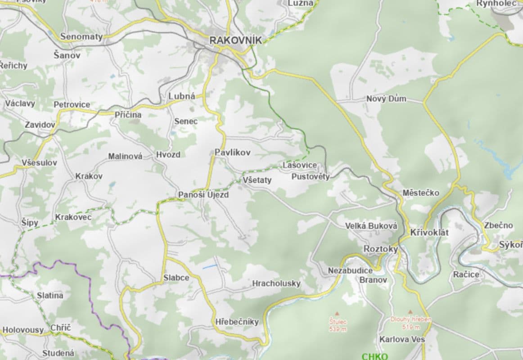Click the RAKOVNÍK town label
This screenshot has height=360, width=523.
tap(235, 40)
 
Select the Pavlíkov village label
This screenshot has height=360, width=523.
tap(232, 153)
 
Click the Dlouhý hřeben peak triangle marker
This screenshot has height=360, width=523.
tap(410, 311)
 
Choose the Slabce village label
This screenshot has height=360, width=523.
tap(176, 278)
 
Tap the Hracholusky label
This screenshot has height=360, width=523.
tap(276, 283)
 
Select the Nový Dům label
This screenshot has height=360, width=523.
tap(386, 99)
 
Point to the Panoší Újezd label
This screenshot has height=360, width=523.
tap(203, 195)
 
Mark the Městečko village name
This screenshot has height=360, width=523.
tap(420, 193)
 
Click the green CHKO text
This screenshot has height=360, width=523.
tap(374, 356)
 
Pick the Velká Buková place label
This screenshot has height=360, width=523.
tap(371, 226)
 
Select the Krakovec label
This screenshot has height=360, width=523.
tap(73, 217)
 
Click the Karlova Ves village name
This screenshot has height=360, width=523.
tap(402, 339)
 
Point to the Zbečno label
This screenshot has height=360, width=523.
tap(498, 225)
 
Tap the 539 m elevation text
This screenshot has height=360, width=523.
tap(338, 329)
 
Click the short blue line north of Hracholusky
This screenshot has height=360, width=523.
tap(210, 267)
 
